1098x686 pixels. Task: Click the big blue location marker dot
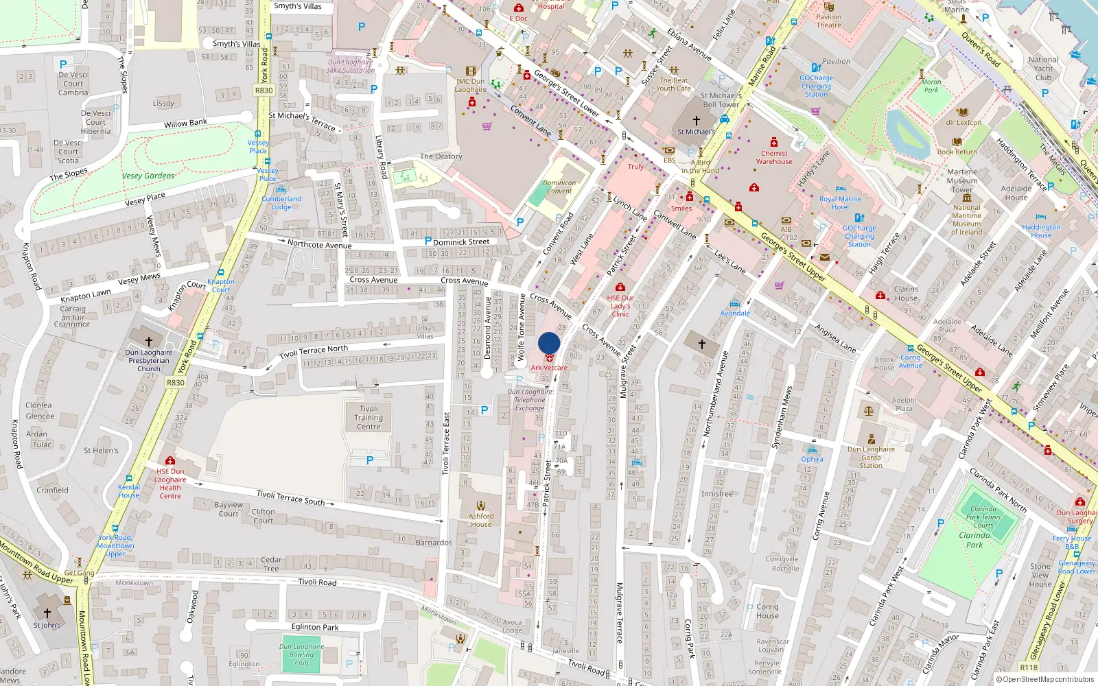(x=549, y=343)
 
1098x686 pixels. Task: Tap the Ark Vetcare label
(x=549, y=368)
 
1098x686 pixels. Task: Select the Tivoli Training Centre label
(x=369, y=417)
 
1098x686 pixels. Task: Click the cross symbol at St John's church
(x=47, y=613)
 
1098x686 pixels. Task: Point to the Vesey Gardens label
(x=148, y=176)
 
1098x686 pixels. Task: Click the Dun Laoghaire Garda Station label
(x=871, y=458)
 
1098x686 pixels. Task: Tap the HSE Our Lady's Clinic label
(x=620, y=306)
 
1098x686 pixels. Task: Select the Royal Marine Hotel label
(x=840, y=203)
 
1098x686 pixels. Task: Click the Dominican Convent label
(x=559, y=187)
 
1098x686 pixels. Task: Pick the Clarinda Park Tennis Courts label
(x=983, y=517)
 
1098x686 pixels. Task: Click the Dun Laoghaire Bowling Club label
(x=301, y=654)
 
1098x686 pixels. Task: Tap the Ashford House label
(x=480, y=520)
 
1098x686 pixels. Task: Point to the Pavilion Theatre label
(x=828, y=21)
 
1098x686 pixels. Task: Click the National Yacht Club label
(x=1043, y=69)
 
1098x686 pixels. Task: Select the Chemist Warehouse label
(x=774, y=158)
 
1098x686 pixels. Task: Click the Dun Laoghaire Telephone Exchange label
(x=530, y=400)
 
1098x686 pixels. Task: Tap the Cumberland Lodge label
(x=281, y=203)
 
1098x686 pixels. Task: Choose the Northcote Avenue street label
(x=319, y=244)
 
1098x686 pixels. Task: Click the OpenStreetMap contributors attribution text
(x=1044, y=679)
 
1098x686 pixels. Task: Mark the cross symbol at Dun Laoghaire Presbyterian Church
(x=148, y=341)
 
